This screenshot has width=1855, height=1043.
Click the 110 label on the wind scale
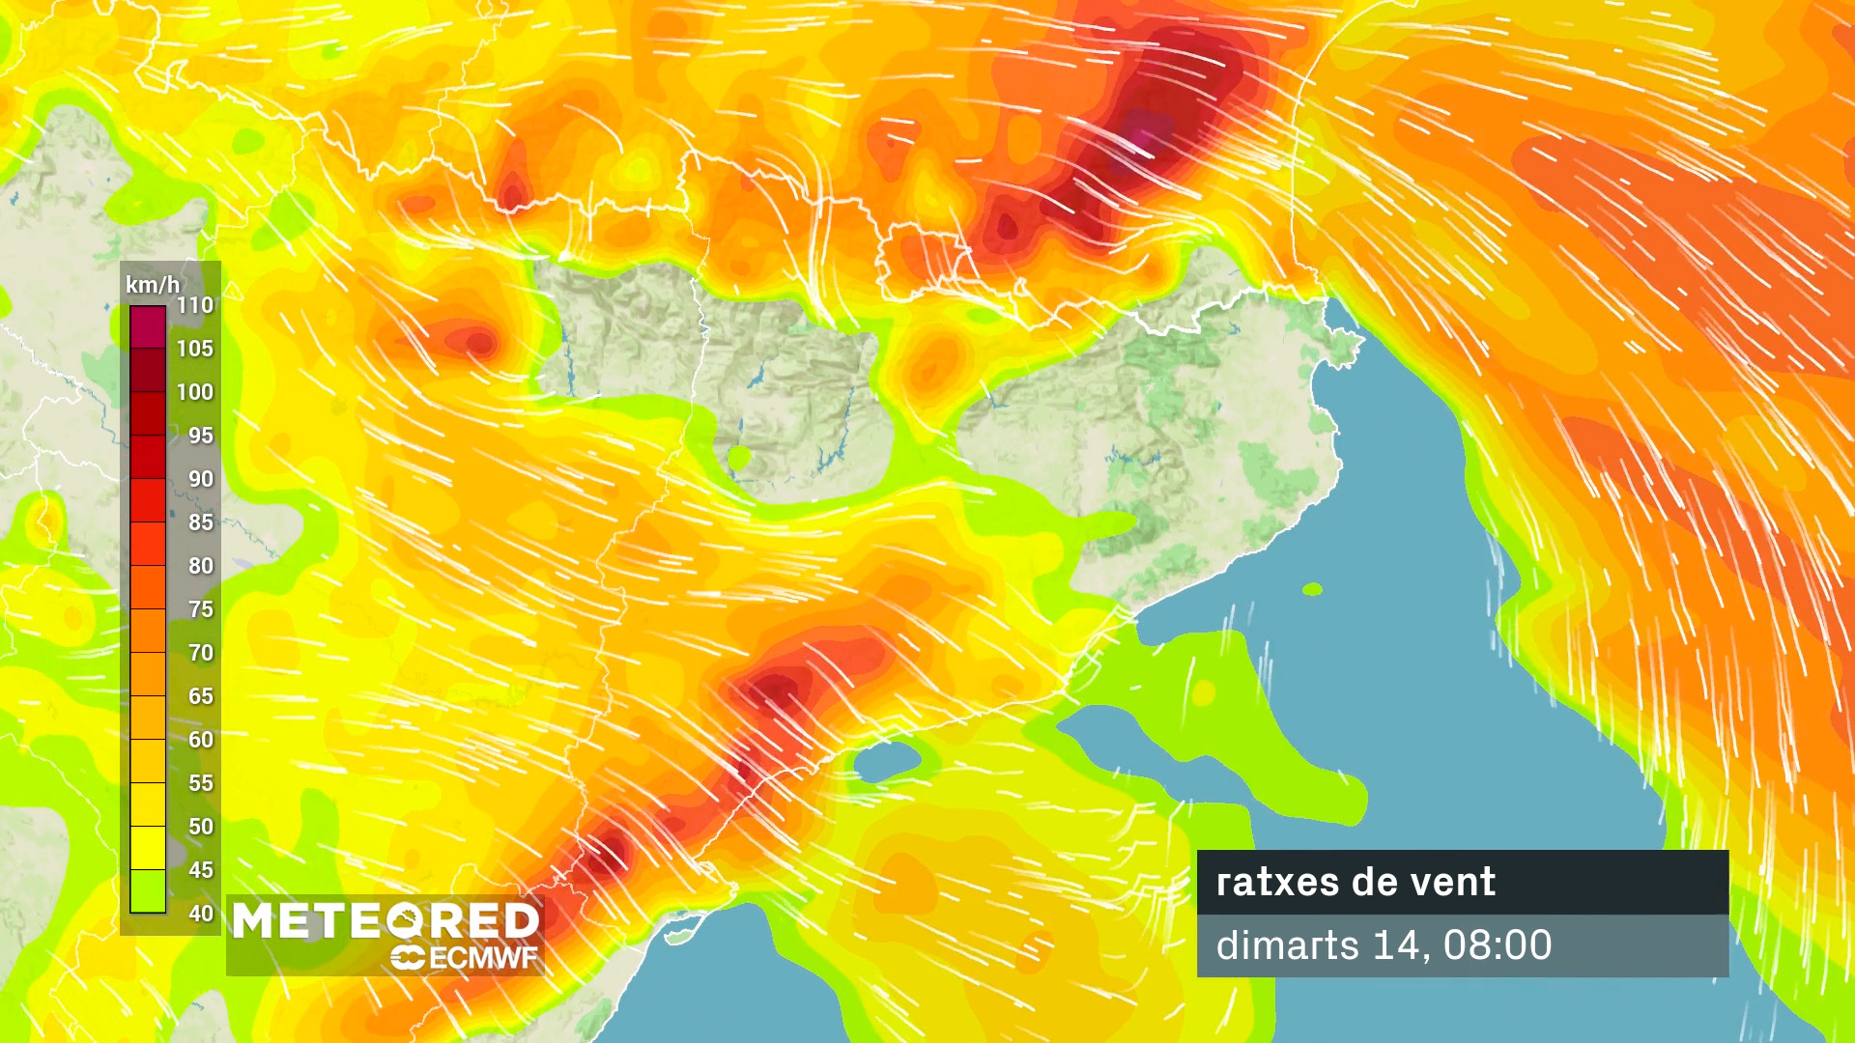[x=195, y=305]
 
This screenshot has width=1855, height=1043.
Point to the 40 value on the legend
[x=201, y=914]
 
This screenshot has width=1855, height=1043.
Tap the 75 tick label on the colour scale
[x=201, y=609]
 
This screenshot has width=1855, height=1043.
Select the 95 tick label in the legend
[x=201, y=436]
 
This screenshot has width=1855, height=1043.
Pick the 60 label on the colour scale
[x=201, y=740]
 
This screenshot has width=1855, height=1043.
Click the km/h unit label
[x=153, y=285]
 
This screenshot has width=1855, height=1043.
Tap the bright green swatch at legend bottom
[x=148, y=891]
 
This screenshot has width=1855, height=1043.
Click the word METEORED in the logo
[x=385, y=920]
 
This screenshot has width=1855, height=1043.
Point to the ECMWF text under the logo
[x=483, y=958]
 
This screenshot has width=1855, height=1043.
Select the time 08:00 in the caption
[x=1498, y=944]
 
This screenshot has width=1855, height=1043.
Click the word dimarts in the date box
[x=1287, y=944]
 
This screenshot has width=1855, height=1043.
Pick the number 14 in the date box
[x=1393, y=944]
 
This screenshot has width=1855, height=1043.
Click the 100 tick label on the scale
[x=195, y=392]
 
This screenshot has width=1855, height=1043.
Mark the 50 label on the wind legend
[x=201, y=827]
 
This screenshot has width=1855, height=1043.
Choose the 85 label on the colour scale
[x=201, y=522]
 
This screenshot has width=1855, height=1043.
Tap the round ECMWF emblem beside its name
[x=408, y=958]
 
